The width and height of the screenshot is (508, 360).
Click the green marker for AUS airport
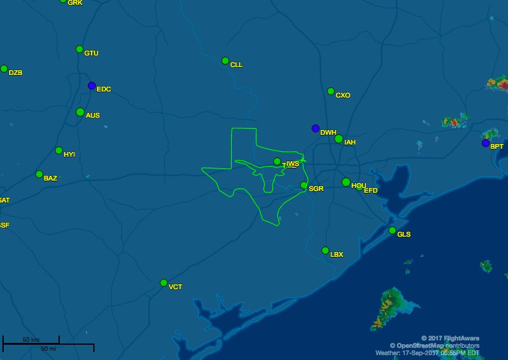[x=80, y=112]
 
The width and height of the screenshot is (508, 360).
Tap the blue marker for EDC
[x=91, y=86]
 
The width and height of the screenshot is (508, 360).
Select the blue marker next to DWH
[x=315, y=129]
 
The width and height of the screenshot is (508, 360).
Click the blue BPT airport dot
[x=485, y=143]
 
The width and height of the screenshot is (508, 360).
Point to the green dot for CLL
[x=225, y=61]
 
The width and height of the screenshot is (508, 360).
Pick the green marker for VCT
[x=163, y=283]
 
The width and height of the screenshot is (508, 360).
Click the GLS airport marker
[x=392, y=230]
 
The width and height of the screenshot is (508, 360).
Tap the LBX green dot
[x=325, y=250]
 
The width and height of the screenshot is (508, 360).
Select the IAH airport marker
[x=338, y=139]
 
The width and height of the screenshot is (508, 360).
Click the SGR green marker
[x=304, y=185]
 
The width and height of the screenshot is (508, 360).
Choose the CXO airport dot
[x=331, y=92]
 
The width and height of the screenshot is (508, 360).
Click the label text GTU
[x=91, y=54]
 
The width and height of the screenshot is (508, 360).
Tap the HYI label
[x=69, y=155]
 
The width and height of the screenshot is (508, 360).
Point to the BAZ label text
[x=51, y=179]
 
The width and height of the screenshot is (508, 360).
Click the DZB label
[x=15, y=73]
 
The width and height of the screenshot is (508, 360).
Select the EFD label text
[x=371, y=191]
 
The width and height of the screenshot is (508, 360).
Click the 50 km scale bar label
[x=31, y=339]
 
